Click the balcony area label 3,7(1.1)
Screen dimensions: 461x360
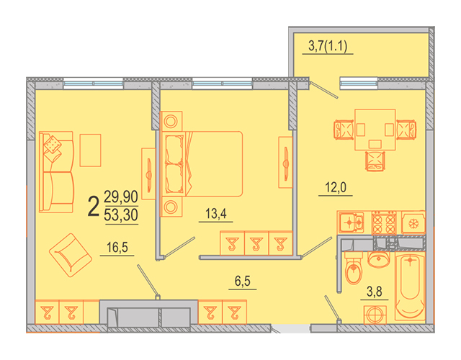328,46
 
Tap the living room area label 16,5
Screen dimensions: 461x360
117,248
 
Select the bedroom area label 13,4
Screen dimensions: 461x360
216,214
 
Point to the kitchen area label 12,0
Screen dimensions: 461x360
336,187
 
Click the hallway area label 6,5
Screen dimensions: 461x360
243,282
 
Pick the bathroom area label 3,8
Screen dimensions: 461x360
375,292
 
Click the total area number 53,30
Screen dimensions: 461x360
121,215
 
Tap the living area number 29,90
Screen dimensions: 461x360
121,197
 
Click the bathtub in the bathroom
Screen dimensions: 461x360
410,286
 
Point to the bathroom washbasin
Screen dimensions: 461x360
379,259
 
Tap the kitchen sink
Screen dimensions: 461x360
352,222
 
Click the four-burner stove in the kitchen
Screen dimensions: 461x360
384,222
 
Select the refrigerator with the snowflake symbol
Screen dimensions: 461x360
413,222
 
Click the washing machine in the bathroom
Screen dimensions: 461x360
375,315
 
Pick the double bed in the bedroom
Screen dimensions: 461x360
202,163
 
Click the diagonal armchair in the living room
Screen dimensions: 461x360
71,255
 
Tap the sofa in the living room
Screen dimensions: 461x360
56,172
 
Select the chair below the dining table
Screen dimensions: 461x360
375,161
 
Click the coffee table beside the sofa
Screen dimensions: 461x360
90,150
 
